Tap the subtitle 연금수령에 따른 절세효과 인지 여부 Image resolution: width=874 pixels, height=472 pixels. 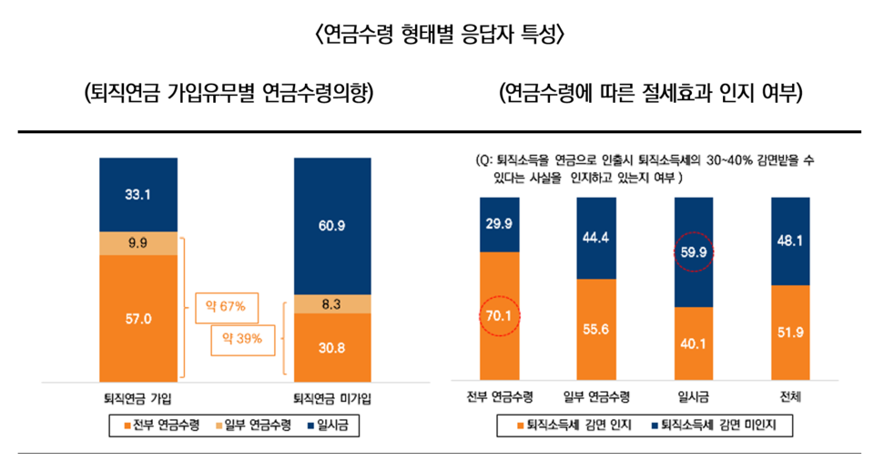click(x=650, y=94)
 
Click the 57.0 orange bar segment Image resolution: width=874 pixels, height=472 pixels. click(x=138, y=318)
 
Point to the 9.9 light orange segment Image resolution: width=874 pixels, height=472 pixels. click(x=138, y=243)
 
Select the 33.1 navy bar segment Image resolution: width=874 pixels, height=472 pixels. click(x=138, y=194)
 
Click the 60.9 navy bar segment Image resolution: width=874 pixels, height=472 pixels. click(x=332, y=225)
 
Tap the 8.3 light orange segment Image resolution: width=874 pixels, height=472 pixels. click(x=332, y=303)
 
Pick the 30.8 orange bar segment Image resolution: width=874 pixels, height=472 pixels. click(x=332, y=347)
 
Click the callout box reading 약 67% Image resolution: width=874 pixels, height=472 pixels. click(x=228, y=307)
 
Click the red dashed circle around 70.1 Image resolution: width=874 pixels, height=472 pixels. click(x=499, y=316)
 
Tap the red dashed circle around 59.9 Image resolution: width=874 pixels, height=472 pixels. click(x=693, y=253)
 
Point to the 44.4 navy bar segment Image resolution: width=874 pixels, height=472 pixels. click(x=596, y=238)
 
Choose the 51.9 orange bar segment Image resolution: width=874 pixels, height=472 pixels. click(x=789, y=333)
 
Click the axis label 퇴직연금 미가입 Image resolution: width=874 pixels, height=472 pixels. click(x=332, y=399)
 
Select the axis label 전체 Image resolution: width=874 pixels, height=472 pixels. click(x=789, y=397)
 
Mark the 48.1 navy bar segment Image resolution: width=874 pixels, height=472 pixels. click(x=789, y=241)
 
